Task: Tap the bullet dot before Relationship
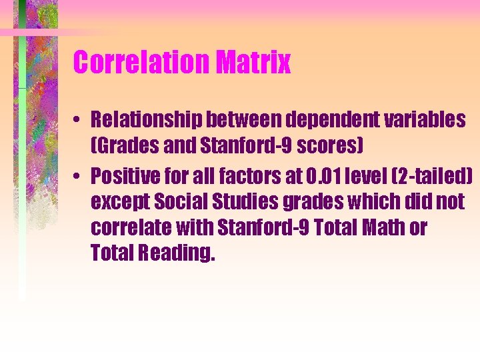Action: pos(78,121)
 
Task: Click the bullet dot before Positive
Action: pos(78,177)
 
